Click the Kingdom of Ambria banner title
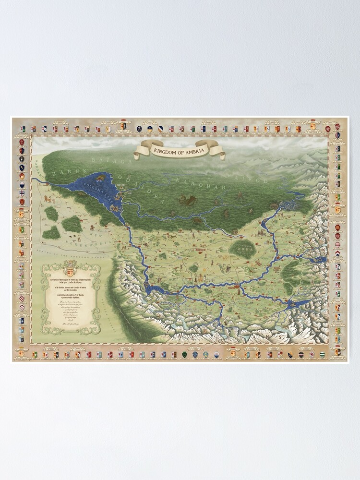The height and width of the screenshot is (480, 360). [x=180, y=151]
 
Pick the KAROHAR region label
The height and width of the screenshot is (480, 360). [x=192, y=182]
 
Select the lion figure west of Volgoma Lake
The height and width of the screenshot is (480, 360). [x=48, y=198]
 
